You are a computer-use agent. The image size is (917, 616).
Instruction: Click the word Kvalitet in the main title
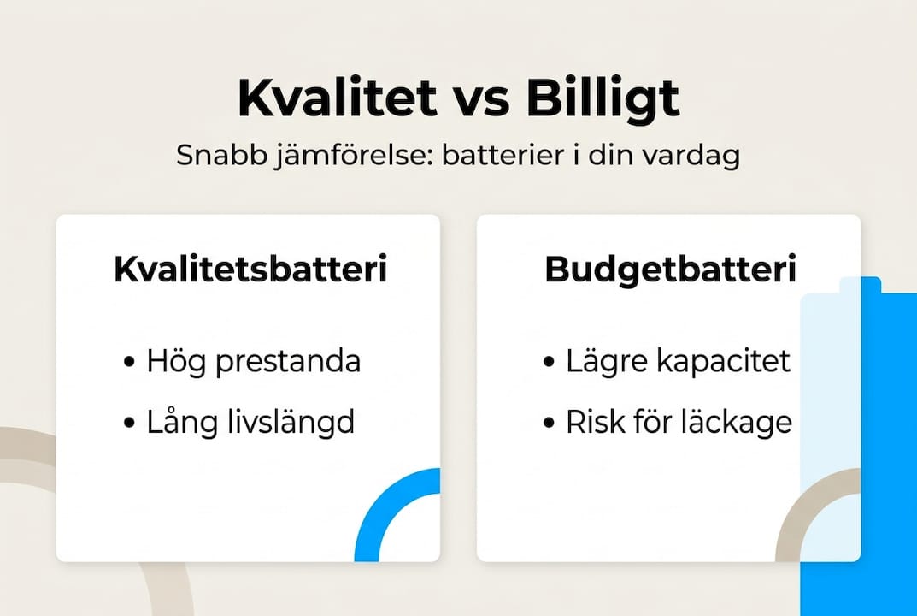tap(338, 98)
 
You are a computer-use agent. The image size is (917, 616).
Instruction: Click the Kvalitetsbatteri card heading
tap(250, 269)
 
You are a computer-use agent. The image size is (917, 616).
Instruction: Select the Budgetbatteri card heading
tap(670, 270)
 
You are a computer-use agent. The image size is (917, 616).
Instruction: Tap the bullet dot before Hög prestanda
tap(129, 362)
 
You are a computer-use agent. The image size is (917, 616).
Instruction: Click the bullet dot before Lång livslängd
tap(129, 423)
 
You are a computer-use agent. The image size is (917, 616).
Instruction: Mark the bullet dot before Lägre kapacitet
tap(549, 362)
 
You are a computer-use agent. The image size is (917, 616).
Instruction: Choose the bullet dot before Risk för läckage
tap(549, 423)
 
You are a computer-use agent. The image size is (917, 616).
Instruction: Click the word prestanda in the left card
tap(288, 362)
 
